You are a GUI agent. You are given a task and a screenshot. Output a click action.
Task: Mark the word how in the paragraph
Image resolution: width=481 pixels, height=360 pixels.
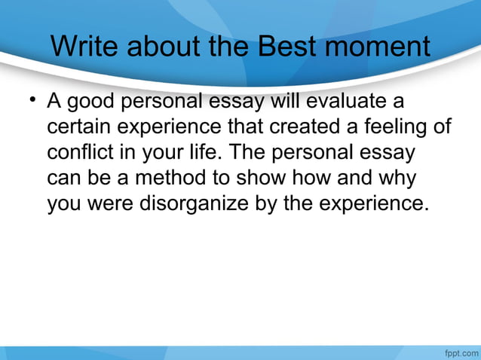(x=317, y=178)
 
